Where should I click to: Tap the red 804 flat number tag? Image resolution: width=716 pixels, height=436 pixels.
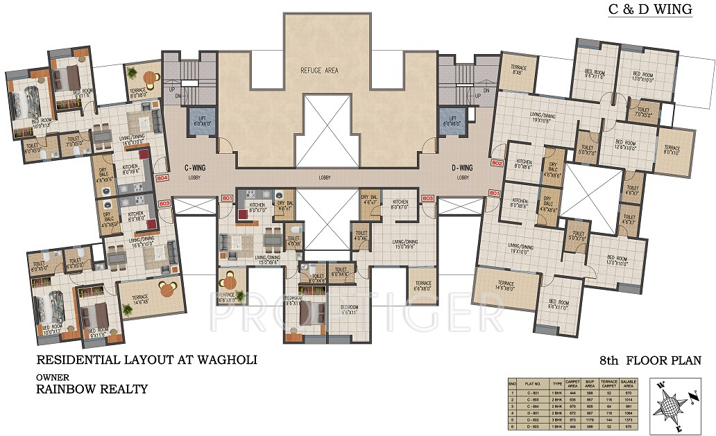(x=162, y=177)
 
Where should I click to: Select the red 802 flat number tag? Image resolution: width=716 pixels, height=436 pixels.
(x=496, y=163)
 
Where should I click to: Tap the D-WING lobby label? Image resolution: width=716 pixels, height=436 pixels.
(x=461, y=168)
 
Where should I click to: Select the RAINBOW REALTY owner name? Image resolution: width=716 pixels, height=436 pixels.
(x=92, y=389)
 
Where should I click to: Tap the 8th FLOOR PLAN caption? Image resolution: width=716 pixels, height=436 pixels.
(x=650, y=360)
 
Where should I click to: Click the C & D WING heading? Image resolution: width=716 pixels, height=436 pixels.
(x=650, y=10)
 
